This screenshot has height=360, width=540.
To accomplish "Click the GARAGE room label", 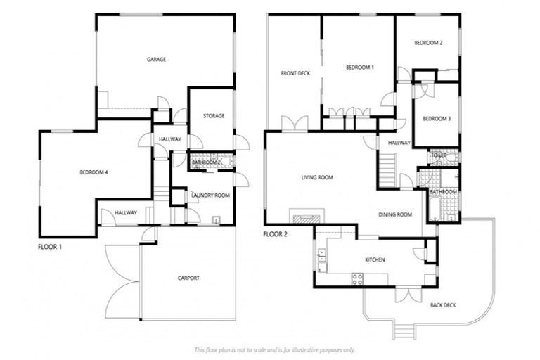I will [156, 60].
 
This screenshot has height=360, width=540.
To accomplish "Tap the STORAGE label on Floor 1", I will [213, 116].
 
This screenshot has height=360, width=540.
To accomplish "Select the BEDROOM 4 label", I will [94, 172].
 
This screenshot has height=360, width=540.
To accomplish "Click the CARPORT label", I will [188, 278].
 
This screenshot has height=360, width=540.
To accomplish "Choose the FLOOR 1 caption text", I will [53, 247].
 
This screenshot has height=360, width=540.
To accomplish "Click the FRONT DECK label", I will [295, 73].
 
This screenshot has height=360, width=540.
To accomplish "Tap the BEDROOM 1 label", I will [359, 67].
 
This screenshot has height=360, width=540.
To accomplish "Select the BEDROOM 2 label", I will [428, 44].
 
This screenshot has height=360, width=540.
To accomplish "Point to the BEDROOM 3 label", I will [436, 119].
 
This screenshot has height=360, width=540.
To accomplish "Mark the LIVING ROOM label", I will [317, 178].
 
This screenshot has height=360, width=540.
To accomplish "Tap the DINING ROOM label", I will [395, 214].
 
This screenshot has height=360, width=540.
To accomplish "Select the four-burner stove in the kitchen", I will [357, 278].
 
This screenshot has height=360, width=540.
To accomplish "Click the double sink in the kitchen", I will [321, 258].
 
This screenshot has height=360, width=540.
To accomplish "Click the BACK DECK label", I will [443, 305].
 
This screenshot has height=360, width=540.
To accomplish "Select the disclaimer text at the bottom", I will [274, 349].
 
